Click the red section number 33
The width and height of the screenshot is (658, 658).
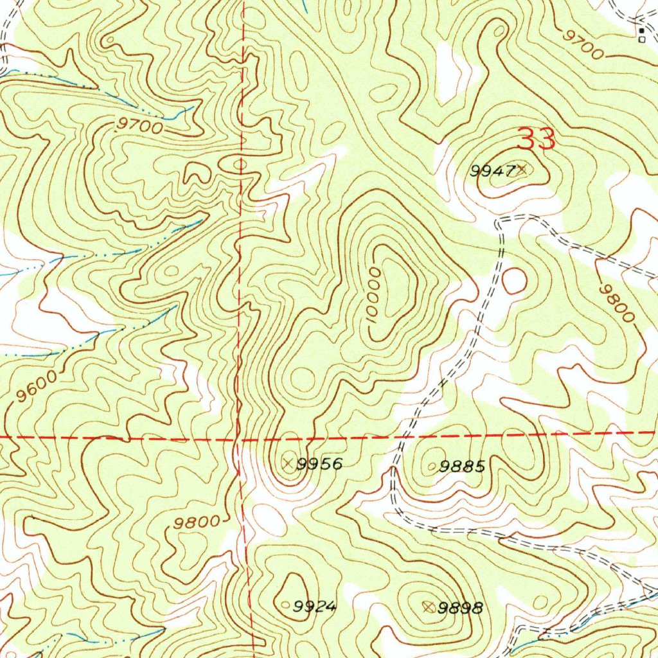point(536,139)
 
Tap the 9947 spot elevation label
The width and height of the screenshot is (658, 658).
point(493,171)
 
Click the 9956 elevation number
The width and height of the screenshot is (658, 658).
point(320,464)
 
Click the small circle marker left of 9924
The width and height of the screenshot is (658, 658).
point(287,604)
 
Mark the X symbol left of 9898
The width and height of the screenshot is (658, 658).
point(429,606)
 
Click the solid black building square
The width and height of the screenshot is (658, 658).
point(641,30)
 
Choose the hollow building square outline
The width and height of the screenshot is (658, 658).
point(641,39)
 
